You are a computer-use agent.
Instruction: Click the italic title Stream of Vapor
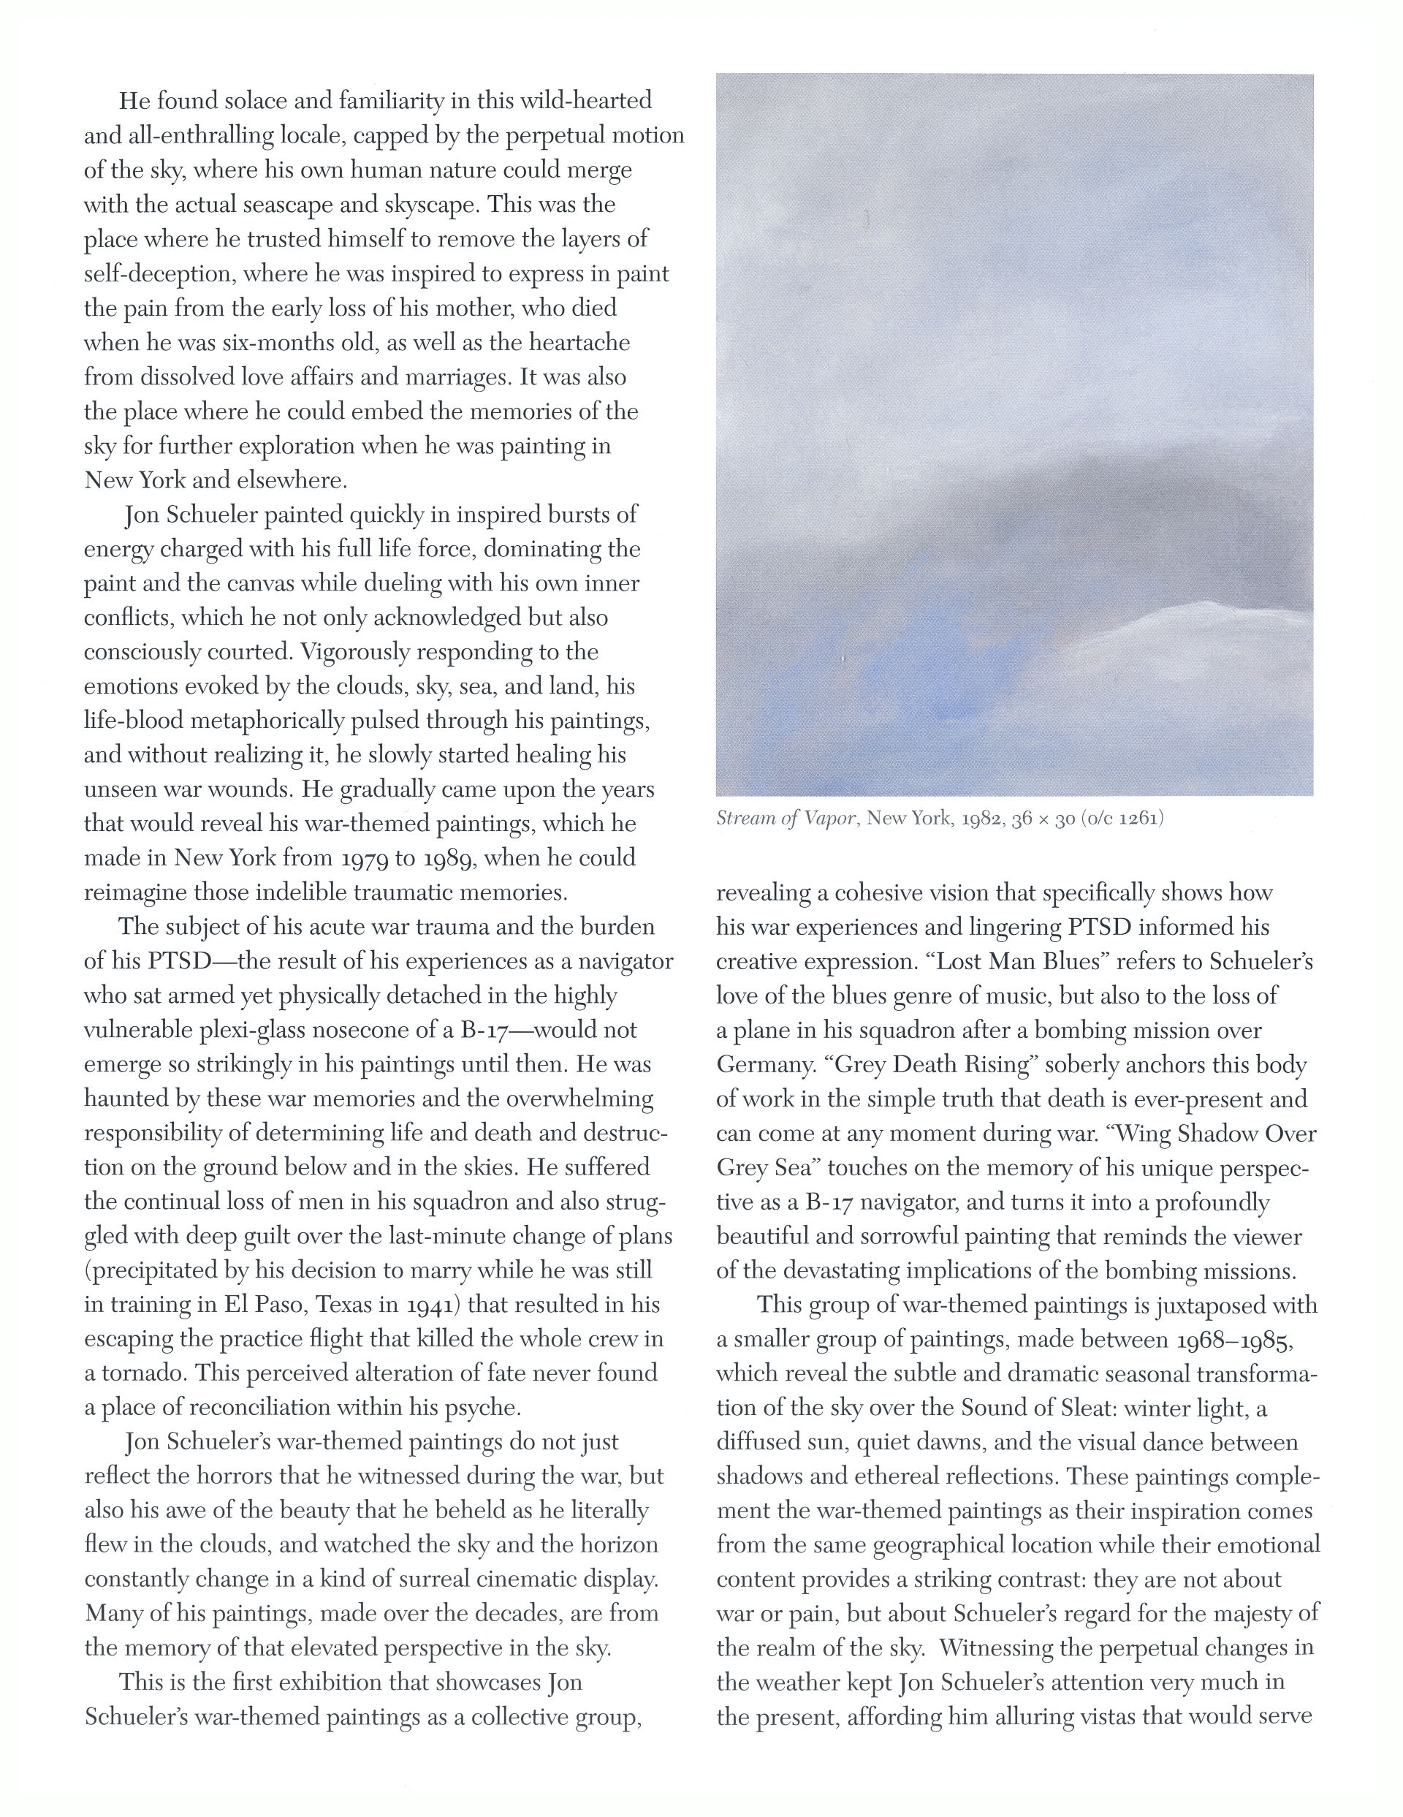click(x=788, y=819)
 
